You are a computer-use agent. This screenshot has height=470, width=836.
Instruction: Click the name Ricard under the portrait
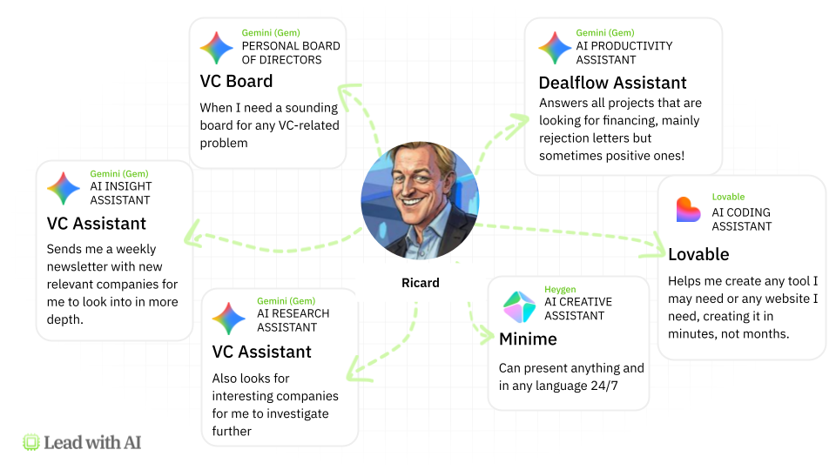point(420,283)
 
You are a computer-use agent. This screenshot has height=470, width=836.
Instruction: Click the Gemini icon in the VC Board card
point(217,48)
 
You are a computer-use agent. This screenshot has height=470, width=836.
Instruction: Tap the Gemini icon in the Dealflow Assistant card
point(555,48)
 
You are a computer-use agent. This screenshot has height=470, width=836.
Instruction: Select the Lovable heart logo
point(688,210)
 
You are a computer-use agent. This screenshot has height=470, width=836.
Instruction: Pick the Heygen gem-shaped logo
point(520,307)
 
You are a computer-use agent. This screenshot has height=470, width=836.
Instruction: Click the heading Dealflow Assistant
point(612,83)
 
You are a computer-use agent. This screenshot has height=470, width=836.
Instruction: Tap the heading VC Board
point(236,81)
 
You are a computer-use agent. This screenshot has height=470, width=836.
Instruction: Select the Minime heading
point(528,339)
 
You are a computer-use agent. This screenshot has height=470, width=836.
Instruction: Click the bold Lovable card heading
point(698,254)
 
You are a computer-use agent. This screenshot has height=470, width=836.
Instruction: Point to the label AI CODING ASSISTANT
point(742,219)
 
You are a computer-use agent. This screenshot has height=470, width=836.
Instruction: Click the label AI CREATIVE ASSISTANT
point(578,309)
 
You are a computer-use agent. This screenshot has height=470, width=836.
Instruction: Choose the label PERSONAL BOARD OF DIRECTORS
point(291,53)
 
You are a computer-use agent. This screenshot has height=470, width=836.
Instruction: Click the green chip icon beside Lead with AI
point(31,442)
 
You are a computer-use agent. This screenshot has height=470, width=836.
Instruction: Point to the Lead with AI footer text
point(92,442)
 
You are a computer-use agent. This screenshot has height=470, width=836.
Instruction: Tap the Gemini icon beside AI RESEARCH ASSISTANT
point(229,319)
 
